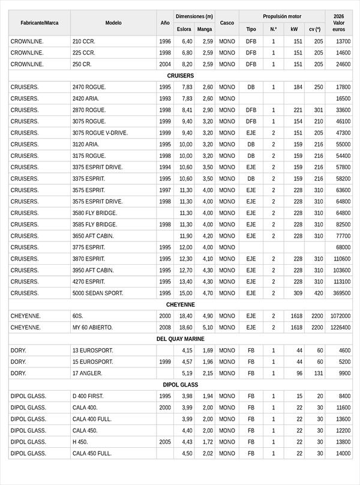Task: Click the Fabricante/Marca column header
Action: tap(40, 23)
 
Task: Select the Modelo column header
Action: tap(113, 23)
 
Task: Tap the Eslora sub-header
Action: tap(184, 29)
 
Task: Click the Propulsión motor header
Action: tap(282, 17)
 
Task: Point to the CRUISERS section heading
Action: tap(180, 76)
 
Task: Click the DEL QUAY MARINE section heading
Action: tap(180, 339)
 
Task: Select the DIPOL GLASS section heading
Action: tap(180, 385)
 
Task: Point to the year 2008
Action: tap(165, 328)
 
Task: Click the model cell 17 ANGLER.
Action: tap(87, 373)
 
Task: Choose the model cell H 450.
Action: tap(80, 442)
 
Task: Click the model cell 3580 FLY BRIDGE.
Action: tap(95, 213)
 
